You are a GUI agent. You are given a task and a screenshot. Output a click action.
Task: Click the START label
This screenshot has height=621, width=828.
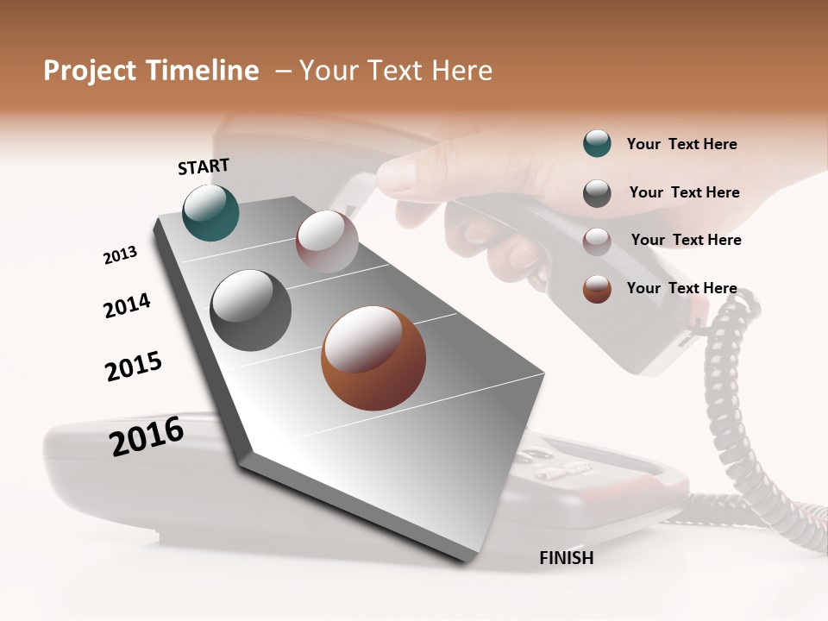point(204,166)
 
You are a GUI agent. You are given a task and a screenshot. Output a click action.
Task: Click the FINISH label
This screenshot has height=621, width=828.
point(566,558)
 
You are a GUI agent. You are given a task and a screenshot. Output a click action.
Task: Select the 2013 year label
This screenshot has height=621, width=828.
point(120,255)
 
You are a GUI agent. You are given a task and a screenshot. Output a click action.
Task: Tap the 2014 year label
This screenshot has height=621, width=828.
point(127,306)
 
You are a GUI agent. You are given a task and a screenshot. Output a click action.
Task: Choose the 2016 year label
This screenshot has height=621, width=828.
point(147,436)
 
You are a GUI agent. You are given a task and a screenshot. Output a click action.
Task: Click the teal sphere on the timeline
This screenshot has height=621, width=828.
point(210,212)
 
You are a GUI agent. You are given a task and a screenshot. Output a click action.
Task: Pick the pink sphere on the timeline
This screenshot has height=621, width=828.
point(327,241)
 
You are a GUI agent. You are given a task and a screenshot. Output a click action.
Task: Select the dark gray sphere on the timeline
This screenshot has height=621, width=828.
point(251,310)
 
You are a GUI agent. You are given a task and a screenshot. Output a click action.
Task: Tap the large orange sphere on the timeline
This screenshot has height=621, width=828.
point(373,358)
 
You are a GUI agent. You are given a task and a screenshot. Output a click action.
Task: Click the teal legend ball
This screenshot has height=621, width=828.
point(597,144)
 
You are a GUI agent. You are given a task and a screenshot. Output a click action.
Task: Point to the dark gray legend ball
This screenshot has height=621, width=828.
point(597,193)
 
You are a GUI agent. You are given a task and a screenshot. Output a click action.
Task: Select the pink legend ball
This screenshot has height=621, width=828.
point(597,241)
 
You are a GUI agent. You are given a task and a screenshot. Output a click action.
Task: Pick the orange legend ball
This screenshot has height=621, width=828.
point(597,289)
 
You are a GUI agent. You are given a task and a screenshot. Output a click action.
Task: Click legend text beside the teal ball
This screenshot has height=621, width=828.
point(681,145)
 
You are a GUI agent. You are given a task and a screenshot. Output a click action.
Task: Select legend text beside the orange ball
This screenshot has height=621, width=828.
point(681,288)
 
